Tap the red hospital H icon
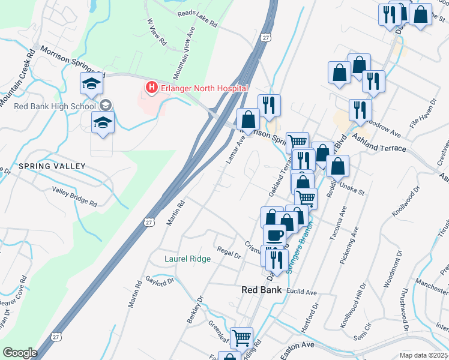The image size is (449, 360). [151, 88]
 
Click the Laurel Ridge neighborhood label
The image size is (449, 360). [187, 259]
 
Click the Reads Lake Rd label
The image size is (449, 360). [196, 19]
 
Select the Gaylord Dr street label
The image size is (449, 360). [160, 280]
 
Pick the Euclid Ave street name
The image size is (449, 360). [302, 292]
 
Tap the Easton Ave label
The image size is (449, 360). [297, 346]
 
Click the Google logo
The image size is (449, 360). [19, 353]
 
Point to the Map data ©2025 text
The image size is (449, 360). [423, 355]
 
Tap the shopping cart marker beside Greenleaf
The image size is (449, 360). [241, 338]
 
